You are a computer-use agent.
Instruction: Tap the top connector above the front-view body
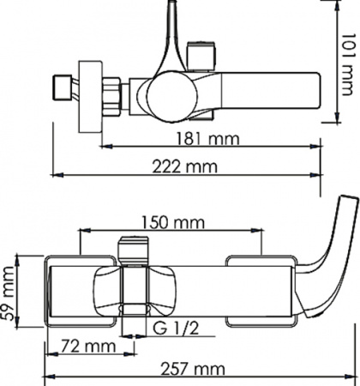point(132,250)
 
